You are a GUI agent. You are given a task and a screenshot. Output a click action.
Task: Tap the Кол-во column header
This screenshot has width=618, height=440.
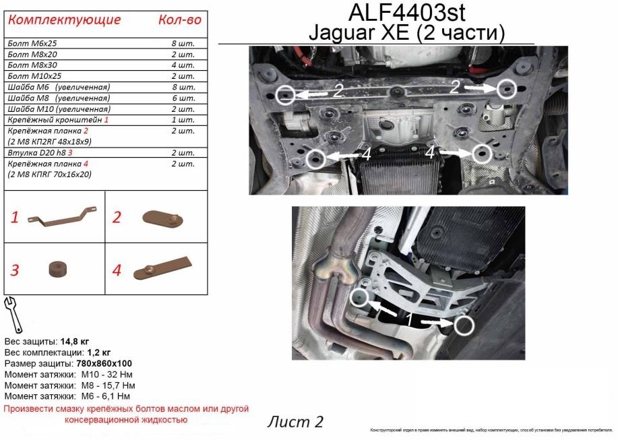(179, 20)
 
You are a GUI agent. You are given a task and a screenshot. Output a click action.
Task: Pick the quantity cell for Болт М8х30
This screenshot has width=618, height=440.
(183, 65)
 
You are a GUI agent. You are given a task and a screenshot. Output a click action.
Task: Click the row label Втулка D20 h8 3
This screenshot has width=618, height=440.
(43, 153)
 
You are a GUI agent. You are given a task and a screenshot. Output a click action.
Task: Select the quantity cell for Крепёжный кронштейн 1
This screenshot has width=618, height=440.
(183, 119)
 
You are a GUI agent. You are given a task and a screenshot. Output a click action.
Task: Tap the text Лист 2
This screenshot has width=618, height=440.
(295, 422)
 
